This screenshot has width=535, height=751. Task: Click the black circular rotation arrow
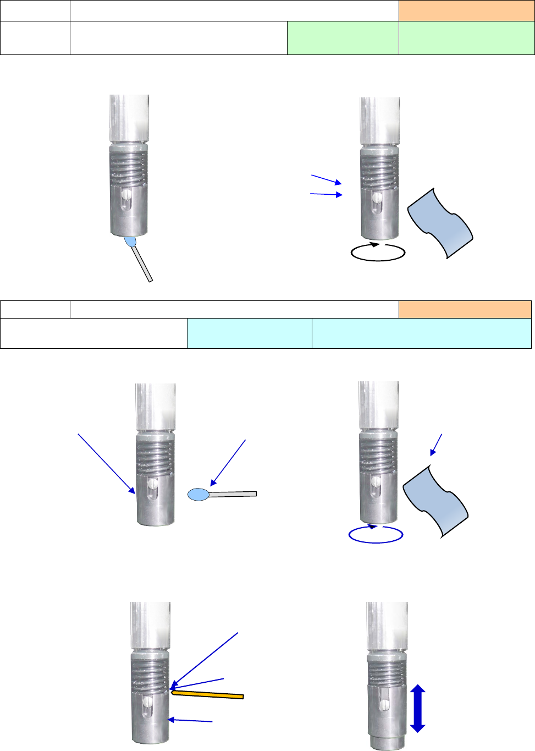click(x=378, y=252)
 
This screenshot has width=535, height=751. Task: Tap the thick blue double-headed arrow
click(x=418, y=708)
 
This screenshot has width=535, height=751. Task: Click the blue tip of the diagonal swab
click(x=131, y=242)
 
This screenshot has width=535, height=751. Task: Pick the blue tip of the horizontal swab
click(x=198, y=495)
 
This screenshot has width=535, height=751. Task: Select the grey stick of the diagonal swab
click(x=143, y=265)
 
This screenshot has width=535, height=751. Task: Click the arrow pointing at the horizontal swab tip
click(x=228, y=462)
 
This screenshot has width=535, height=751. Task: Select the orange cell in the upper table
click(x=466, y=10)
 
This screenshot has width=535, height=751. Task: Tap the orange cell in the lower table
click(x=465, y=309)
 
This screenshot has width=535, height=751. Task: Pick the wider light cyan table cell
click(x=421, y=333)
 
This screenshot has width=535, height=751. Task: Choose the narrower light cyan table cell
click(x=249, y=333)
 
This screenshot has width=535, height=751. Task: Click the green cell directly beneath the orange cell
click(x=466, y=38)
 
